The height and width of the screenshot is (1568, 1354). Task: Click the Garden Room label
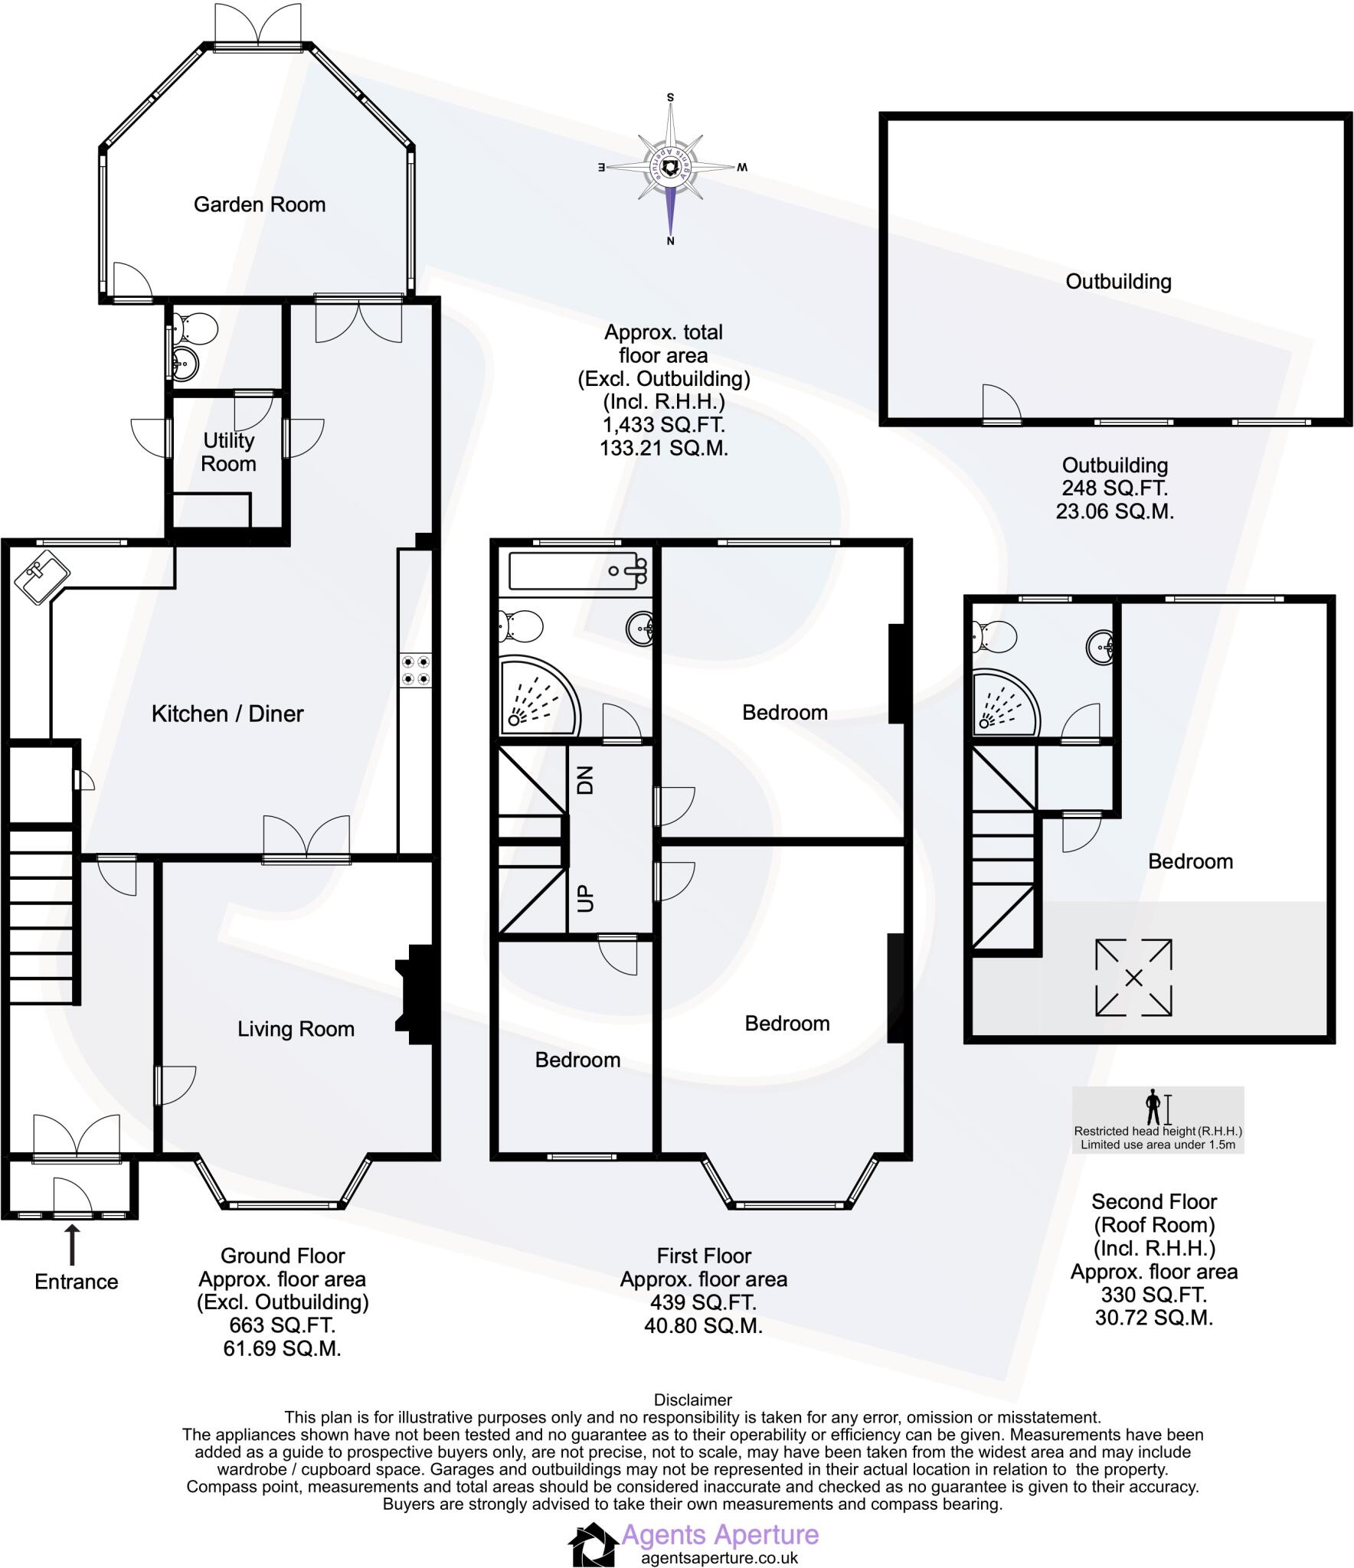click(259, 204)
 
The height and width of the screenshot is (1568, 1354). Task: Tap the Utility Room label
click(228, 452)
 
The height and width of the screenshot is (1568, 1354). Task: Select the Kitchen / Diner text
click(227, 714)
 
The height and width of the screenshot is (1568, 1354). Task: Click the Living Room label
click(296, 1028)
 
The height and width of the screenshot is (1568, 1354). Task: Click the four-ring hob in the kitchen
click(415, 670)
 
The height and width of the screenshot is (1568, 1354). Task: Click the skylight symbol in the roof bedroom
click(1133, 978)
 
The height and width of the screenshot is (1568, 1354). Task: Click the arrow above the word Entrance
click(73, 1244)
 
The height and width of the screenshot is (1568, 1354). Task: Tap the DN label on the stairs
click(585, 780)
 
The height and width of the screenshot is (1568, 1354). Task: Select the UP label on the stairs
click(585, 897)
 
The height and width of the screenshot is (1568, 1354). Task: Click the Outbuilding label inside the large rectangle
click(1118, 281)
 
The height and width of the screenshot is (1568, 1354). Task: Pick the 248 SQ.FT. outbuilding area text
click(1114, 488)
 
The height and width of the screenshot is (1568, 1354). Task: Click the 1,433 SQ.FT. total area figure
click(663, 425)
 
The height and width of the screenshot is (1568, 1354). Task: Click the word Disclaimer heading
click(693, 1400)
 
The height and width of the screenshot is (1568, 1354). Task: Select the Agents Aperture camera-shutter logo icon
click(592, 1544)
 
